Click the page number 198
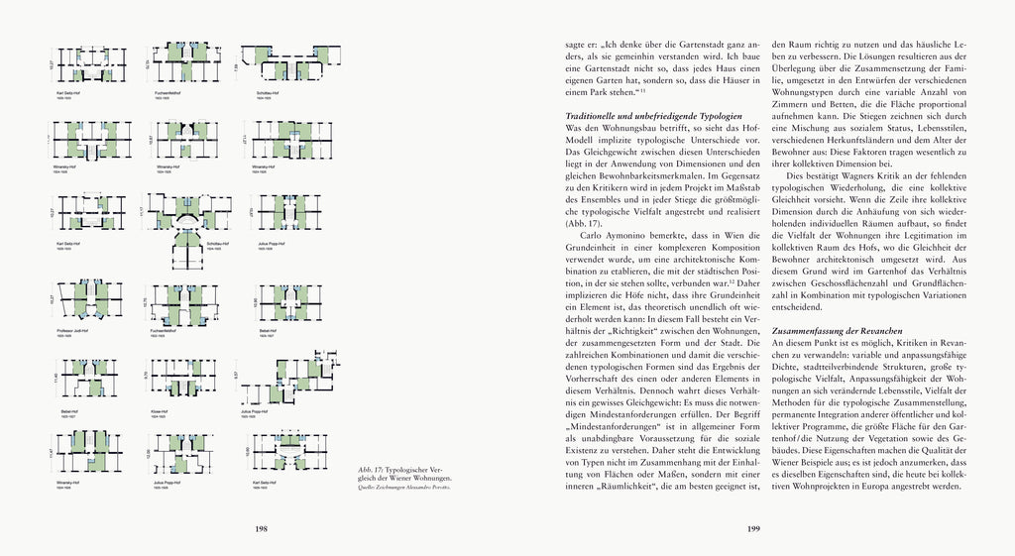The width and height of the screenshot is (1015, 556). pos(262,529)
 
